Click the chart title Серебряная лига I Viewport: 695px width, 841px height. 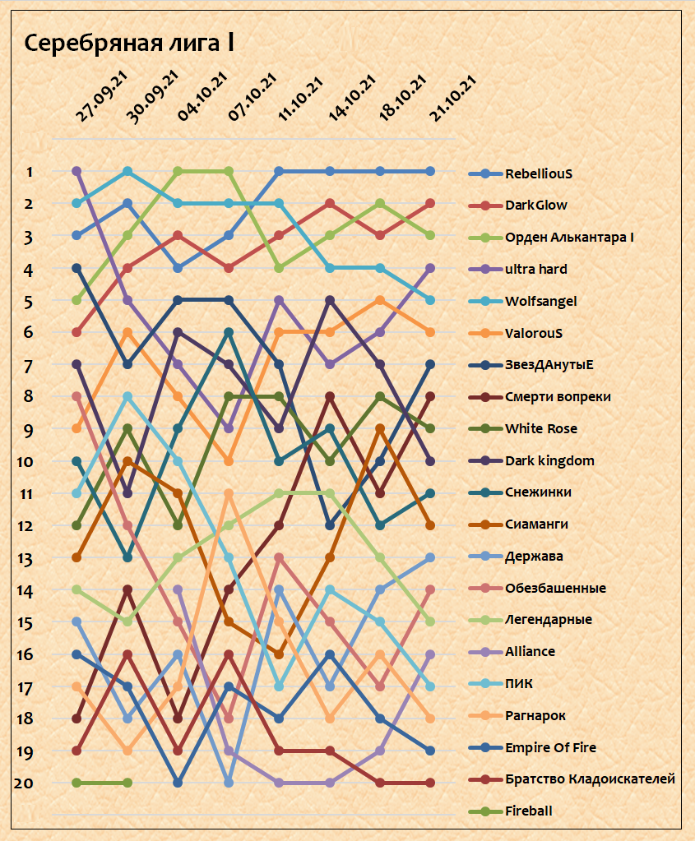(x=129, y=44)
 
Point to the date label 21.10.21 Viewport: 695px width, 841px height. (x=454, y=97)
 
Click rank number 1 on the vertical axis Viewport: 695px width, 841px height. (x=30, y=172)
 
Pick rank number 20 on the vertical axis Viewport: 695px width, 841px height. (x=24, y=783)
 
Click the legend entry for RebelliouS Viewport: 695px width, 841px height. (x=538, y=173)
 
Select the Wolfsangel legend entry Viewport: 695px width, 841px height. (x=540, y=301)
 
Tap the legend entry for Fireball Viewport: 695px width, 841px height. (x=528, y=811)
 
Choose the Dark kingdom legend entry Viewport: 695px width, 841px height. (x=549, y=460)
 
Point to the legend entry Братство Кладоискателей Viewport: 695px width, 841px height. (x=590, y=779)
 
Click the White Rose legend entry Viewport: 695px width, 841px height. (x=540, y=428)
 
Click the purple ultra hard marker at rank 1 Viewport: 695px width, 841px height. (x=77, y=172)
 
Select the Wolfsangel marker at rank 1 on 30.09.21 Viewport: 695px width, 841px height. (x=127, y=172)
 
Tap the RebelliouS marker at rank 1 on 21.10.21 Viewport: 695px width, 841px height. (x=430, y=172)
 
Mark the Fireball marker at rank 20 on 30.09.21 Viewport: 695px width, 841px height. (x=127, y=783)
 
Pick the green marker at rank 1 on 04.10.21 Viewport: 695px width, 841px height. (x=178, y=172)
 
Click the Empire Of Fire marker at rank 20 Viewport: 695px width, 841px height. (x=178, y=783)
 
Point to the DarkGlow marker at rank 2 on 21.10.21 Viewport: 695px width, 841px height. (x=430, y=204)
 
